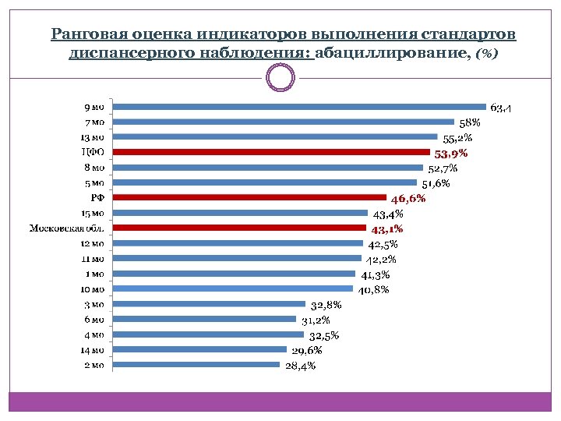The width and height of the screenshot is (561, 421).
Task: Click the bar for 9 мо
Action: pos(300,107)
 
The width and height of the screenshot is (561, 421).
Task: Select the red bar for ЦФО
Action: pos(271,152)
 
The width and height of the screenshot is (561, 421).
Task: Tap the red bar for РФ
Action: pos(249,197)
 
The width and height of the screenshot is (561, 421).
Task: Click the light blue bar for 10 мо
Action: pos(232,288)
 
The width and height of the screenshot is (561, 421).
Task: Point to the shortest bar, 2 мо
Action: pos(196,364)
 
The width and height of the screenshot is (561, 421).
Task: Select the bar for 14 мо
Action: pos(199,349)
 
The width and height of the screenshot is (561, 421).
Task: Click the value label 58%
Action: pos(470,122)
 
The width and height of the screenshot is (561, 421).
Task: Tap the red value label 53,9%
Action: pos(451,153)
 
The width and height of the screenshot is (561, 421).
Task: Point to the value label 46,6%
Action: pos(408,198)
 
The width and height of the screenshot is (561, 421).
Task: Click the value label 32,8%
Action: pos(326,305)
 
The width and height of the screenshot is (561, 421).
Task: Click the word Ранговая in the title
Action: pos(83,35)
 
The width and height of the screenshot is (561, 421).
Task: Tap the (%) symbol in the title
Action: pos(487,53)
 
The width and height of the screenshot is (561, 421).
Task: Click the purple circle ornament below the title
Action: pos(280,77)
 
